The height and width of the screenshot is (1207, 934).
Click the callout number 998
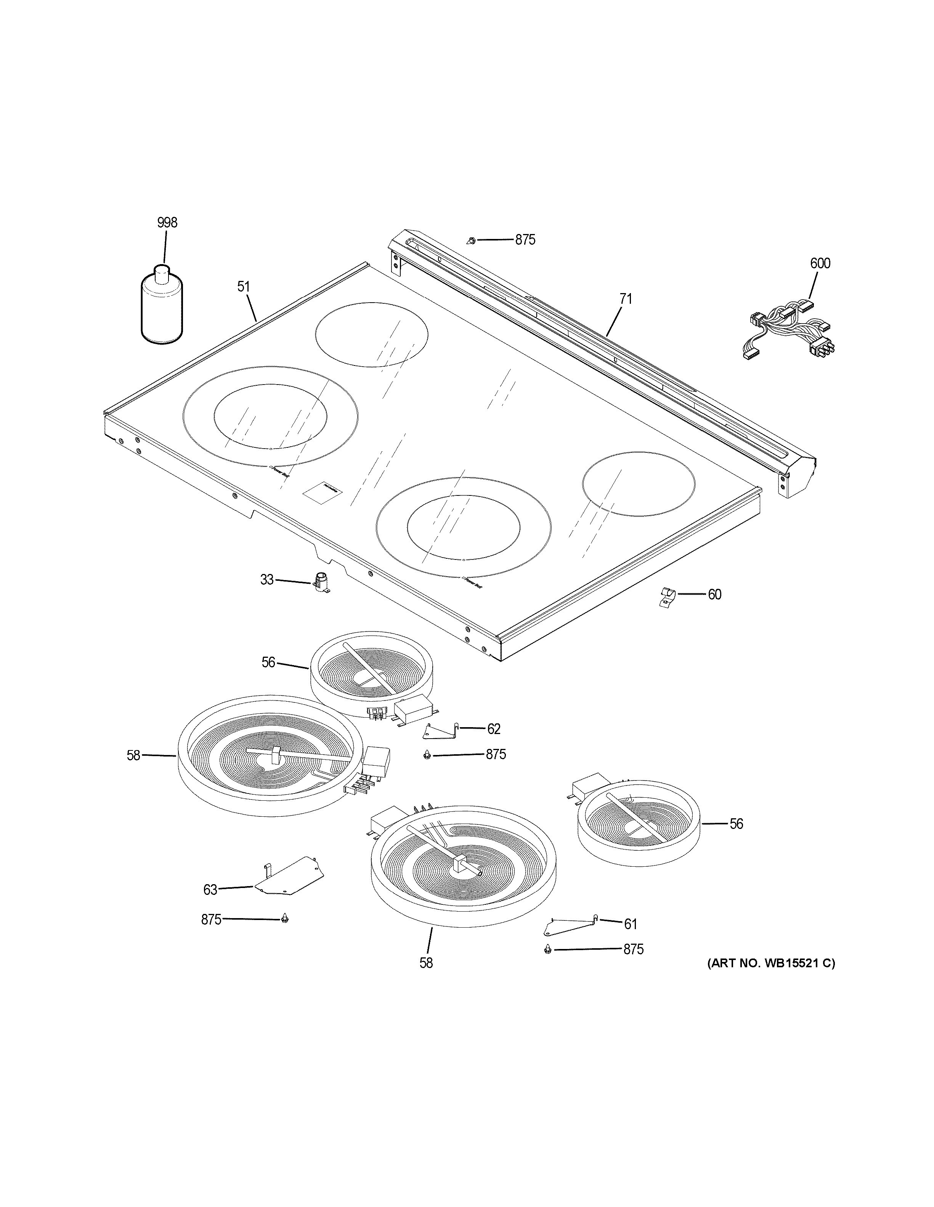[x=167, y=223]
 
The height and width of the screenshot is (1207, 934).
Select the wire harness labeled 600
[x=790, y=332]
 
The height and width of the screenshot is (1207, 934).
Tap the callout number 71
[x=625, y=299]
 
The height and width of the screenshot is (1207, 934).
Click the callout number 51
[x=244, y=287]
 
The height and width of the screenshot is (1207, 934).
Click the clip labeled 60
[x=668, y=597]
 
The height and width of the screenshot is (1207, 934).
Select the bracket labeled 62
[x=440, y=731]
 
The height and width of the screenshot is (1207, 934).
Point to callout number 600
[x=820, y=264]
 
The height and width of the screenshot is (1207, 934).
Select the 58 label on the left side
[x=133, y=755]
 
